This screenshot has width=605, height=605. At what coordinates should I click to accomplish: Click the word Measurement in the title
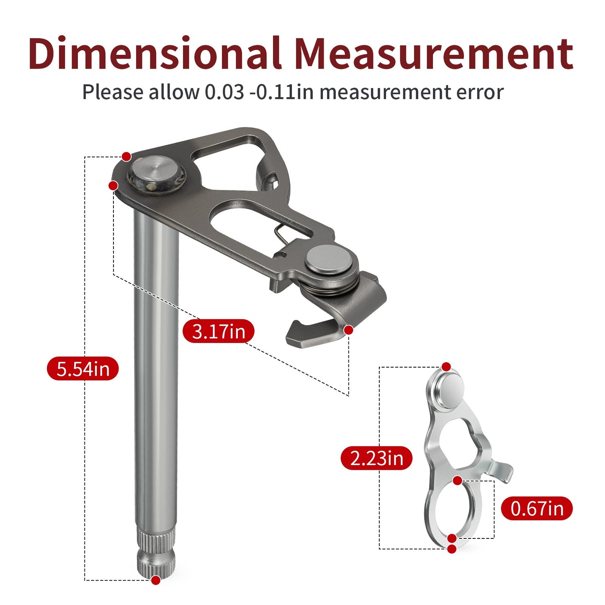point(433,53)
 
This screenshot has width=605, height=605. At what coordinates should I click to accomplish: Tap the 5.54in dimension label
point(83,368)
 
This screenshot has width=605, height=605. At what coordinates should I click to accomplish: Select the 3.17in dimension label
point(219,331)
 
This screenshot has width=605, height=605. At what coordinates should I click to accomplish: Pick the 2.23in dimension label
point(376,458)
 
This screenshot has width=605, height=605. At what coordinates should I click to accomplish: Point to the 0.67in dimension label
point(537,508)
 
